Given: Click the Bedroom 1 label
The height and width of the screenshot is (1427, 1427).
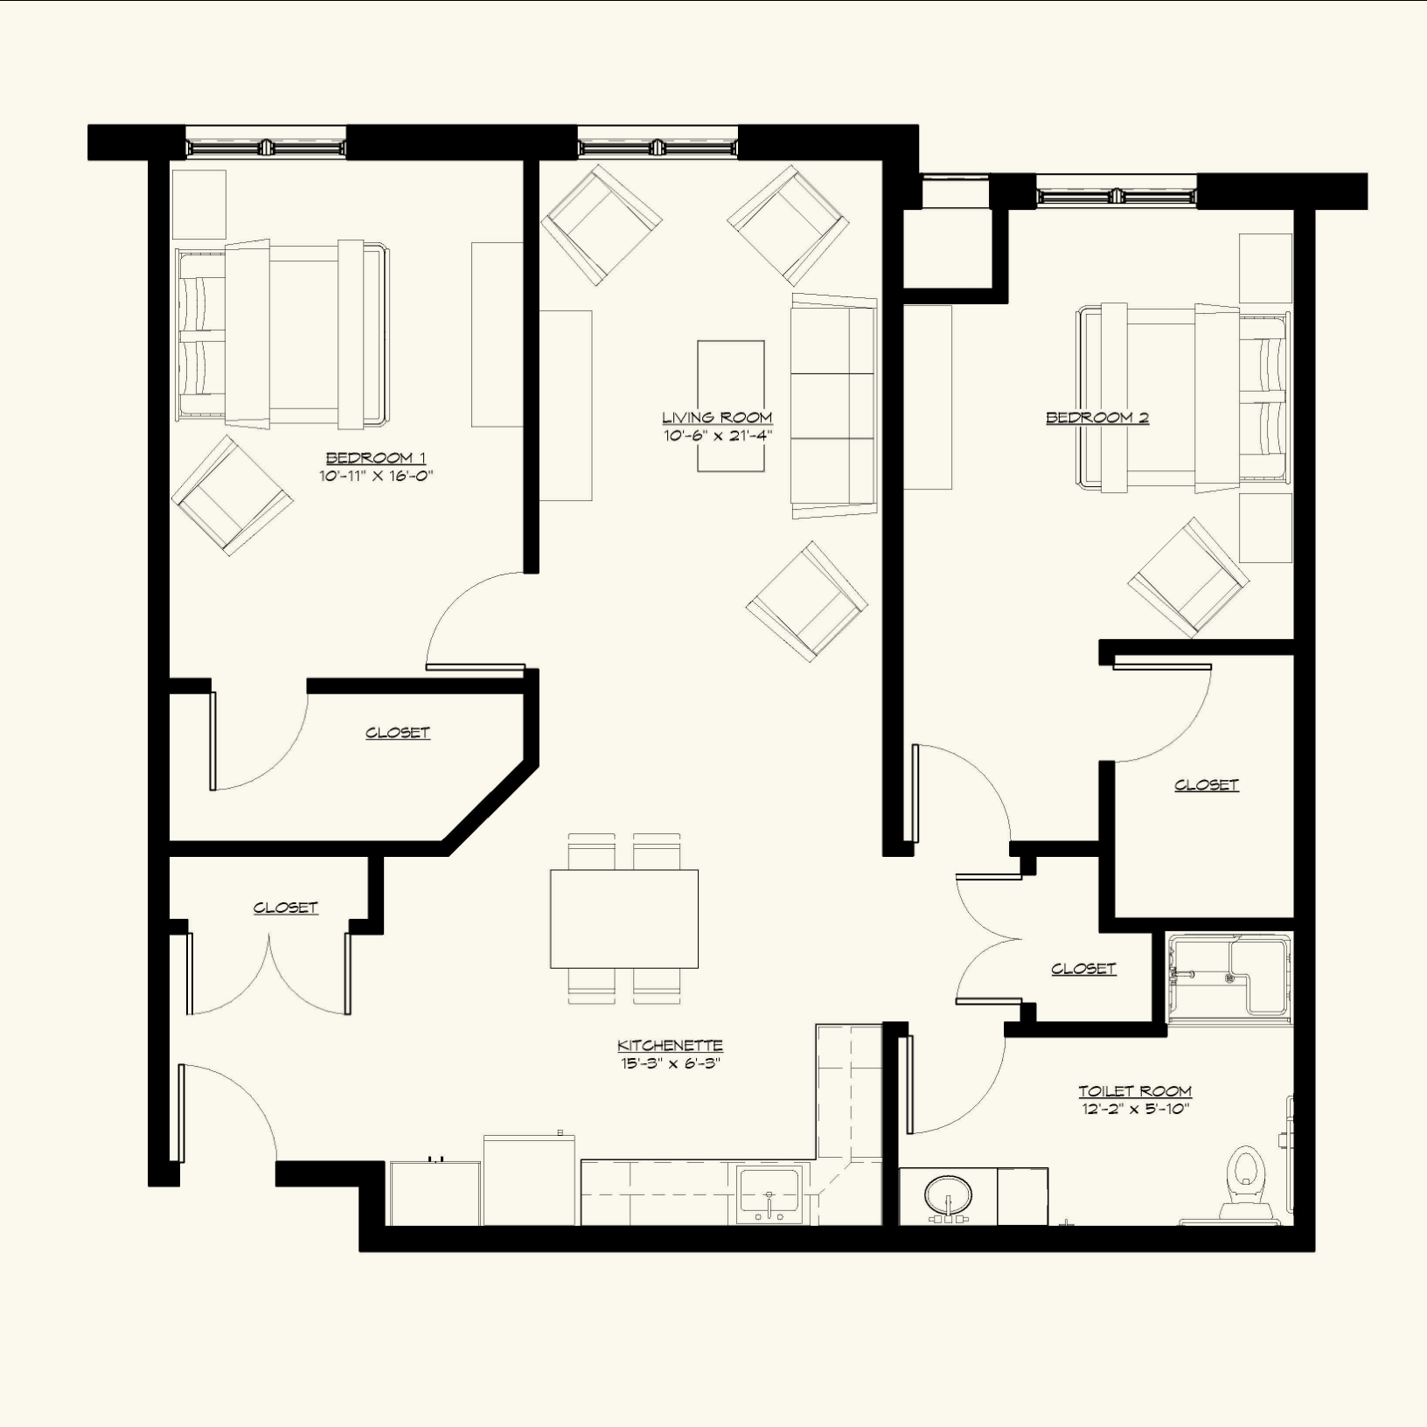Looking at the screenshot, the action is (376, 458).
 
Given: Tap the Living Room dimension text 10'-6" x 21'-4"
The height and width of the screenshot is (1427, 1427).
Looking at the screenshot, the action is (717, 435).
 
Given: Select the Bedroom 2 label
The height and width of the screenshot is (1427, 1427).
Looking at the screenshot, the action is (1097, 418).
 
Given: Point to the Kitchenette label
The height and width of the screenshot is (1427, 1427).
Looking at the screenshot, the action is (670, 1046).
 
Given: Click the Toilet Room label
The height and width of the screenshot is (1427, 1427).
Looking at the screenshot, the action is (1135, 1091).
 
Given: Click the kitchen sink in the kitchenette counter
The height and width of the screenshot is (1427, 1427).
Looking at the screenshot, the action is (769, 1193).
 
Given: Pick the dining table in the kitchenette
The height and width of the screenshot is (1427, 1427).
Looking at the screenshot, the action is (624, 918).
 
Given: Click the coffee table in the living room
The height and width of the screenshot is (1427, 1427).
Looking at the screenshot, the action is (731, 406).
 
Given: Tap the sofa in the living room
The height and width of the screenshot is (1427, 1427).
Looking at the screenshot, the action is (834, 406).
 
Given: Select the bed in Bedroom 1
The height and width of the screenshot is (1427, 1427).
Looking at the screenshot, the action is (282, 334).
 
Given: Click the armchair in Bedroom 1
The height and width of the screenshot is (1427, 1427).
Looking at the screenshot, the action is (232, 496).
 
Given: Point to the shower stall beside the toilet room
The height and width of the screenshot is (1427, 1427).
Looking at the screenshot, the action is (1229, 978).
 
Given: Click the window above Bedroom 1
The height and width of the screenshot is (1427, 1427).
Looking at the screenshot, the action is (266, 142).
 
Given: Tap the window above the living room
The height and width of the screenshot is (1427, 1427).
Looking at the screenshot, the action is (658, 142).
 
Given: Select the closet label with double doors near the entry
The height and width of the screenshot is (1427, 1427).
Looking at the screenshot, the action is (285, 908).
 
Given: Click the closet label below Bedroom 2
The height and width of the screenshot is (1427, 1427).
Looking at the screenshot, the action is (1207, 785).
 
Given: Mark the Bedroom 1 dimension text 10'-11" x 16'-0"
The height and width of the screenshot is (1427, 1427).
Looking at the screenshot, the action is (376, 477).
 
